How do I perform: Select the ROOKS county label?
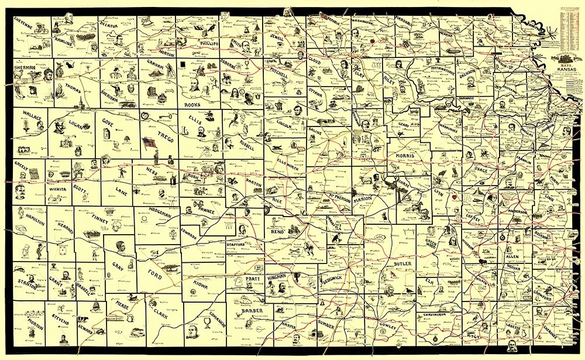(192, 105)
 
